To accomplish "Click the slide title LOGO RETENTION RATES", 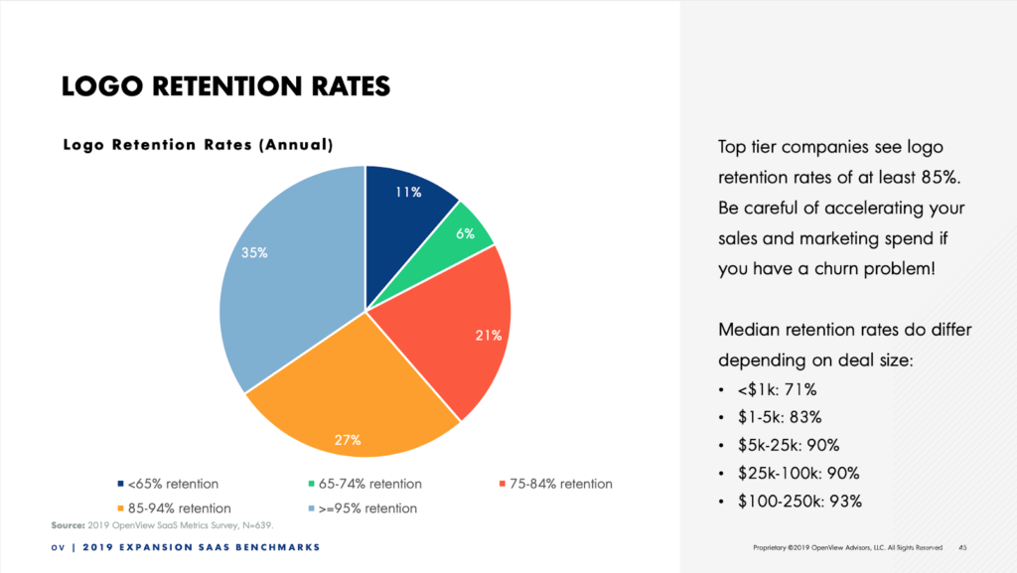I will [225, 87].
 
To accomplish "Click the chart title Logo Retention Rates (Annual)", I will [198, 145].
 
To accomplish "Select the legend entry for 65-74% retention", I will [364, 484].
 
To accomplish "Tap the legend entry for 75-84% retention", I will [554, 484].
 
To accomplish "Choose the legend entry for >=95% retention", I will [364, 508].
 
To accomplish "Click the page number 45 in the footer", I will [962, 547].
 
